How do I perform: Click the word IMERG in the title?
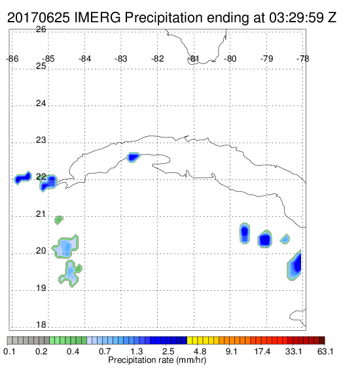(98, 18)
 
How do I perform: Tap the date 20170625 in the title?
(39, 18)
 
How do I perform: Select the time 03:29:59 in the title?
(297, 18)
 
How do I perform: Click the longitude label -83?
(121, 58)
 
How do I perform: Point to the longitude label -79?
(266, 58)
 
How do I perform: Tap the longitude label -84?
(84, 58)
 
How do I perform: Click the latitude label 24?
(41, 103)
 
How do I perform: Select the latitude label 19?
(41, 288)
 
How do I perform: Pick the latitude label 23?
(41, 140)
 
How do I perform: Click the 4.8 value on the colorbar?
(200, 351)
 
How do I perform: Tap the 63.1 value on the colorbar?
(325, 351)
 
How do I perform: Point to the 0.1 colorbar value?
(10, 351)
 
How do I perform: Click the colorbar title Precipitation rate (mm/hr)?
(157, 360)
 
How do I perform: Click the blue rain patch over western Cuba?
(133, 157)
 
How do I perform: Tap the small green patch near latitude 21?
(59, 219)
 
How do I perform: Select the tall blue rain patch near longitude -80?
(245, 233)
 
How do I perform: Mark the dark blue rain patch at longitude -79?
(265, 239)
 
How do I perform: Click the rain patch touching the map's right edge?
(295, 265)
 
